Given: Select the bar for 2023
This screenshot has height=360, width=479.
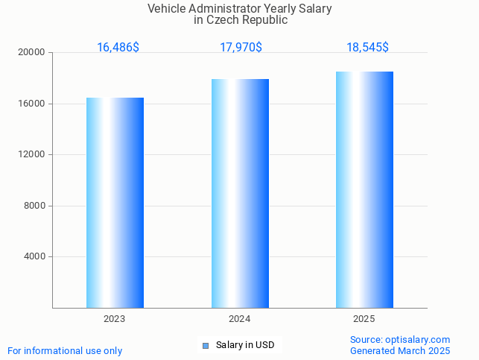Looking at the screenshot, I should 115,203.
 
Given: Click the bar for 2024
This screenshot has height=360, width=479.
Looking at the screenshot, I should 240,193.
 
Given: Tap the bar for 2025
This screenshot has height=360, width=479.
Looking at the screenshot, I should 364,189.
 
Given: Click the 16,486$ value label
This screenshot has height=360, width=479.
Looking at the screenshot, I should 118,48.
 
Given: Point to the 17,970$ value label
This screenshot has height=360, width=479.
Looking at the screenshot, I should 241,48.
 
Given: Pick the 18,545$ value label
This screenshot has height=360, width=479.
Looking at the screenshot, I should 367,48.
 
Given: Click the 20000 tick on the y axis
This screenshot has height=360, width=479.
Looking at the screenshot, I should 33,53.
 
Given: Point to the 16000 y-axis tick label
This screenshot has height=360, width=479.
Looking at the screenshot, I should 33,104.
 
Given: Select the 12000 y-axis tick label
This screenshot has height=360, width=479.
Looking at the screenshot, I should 33,155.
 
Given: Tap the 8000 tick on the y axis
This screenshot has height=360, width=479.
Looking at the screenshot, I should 35,206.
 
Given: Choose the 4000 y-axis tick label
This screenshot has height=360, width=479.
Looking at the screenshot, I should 35,257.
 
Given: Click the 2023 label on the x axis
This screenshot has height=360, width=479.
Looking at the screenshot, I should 115,319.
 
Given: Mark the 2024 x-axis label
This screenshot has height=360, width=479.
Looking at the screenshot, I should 239,319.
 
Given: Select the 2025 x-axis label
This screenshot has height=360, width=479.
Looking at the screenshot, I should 364,319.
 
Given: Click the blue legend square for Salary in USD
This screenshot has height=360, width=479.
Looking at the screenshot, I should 206,345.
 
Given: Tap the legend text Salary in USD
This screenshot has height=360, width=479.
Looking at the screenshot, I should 245,345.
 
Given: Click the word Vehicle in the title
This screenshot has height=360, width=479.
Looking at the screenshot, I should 166,9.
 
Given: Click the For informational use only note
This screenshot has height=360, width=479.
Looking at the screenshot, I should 65,351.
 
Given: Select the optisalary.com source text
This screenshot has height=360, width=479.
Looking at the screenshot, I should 417,340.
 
